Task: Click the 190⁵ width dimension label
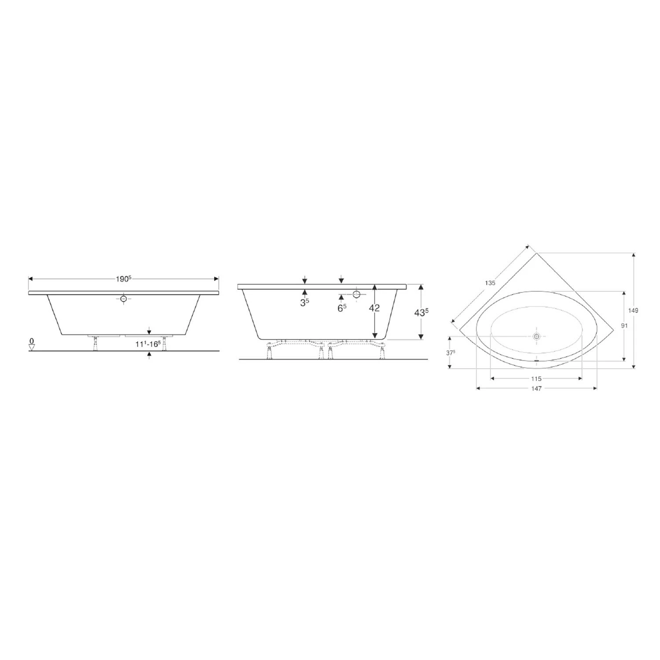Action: point(124,279)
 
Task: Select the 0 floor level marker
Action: point(31,341)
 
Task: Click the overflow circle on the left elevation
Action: point(124,299)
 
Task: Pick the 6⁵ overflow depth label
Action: point(342,308)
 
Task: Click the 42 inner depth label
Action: point(374,308)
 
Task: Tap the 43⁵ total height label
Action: point(422,312)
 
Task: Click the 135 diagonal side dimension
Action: point(490,283)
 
